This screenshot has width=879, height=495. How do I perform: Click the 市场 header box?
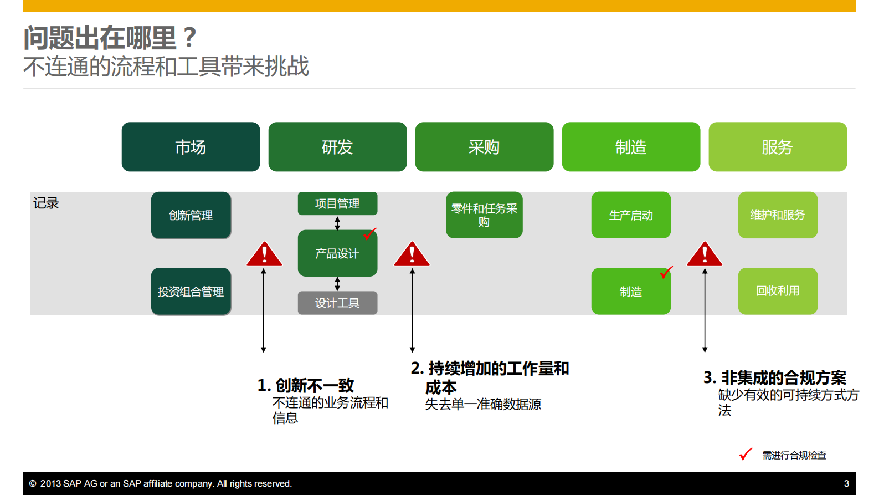[x=191, y=147]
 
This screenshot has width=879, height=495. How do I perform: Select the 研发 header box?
[x=337, y=147]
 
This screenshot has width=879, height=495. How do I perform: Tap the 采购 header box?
[x=484, y=147]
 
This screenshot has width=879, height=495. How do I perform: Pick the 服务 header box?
[x=777, y=147]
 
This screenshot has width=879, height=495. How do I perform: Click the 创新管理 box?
[x=191, y=215]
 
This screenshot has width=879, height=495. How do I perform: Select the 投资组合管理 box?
[x=191, y=292]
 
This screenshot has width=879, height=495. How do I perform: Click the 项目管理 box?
[x=337, y=203]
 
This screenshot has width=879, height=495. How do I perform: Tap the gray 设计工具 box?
[x=337, y=303]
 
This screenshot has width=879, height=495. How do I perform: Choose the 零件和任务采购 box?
[x=484, y=215]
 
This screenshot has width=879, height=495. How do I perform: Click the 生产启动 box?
[x=631, y=215]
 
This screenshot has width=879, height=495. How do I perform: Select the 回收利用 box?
[x=777, y=291]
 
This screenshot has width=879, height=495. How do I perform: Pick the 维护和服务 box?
[x=777, y=215]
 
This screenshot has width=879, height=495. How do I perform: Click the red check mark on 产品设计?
[x=369, y=234]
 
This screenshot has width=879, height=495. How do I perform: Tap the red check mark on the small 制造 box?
[x=666, y=272]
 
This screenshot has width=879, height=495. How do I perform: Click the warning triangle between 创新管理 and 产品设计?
[x=264, y=255]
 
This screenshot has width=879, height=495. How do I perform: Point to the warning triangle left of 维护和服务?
[x=704, y=255]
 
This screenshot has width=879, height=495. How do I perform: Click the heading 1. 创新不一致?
[x=305, y=385]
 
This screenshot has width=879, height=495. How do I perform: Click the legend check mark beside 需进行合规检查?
[x=746, y=454]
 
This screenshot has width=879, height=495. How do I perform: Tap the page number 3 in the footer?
[x=846, y=483]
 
